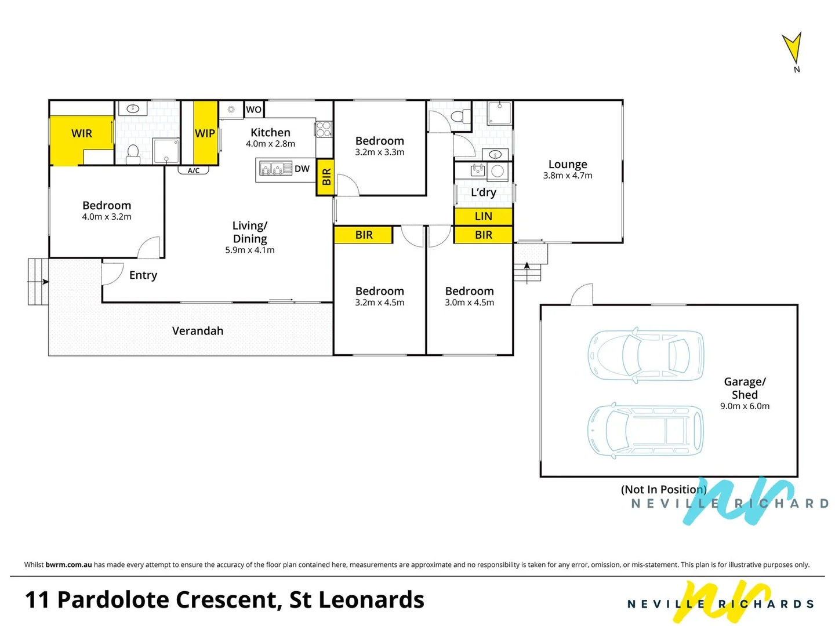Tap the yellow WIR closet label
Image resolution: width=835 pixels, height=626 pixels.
tap(82, 133)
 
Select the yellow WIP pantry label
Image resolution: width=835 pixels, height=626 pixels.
tap(205, 133)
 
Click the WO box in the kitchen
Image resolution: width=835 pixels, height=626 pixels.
tap(253, 110)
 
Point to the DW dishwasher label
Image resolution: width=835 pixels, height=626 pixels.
tap(302, 169)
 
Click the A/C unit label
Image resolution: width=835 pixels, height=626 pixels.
tap(194, 170)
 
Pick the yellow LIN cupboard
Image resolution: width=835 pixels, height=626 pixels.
tap(483, 216)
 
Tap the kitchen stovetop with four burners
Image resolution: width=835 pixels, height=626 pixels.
tap(324, 129)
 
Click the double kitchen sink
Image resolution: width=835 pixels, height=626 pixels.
tap(274, 169)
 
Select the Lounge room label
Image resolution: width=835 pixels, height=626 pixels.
tap(568, 165)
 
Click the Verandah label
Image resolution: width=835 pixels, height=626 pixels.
tap(198, 331)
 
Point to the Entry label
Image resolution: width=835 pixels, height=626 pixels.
tap(143, 275)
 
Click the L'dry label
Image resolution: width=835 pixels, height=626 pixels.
tap(483, 192)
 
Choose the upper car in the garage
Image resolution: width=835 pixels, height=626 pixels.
tap(646, 355)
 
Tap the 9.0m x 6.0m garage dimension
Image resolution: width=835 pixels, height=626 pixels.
tap(745, 406)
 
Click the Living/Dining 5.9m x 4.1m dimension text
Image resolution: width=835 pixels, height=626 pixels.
tap(250, 250)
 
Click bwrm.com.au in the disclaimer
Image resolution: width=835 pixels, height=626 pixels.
tap(68, 565)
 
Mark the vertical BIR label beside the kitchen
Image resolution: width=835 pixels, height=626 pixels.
tap(326, 177)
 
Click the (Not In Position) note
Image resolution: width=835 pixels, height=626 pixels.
tap(663, 490)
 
